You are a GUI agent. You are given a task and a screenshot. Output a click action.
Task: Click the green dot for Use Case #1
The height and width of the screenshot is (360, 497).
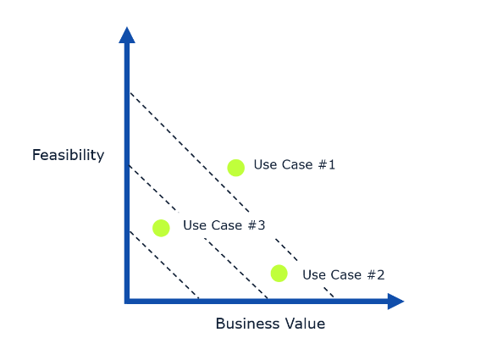236,168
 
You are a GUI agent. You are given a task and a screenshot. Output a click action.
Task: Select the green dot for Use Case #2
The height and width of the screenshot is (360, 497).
279,274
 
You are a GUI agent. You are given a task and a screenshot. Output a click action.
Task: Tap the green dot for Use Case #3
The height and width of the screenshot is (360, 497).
161,228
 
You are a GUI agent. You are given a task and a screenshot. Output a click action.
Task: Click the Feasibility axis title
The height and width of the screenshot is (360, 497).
68,155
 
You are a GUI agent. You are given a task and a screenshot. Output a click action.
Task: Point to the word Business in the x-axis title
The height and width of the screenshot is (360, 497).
247,324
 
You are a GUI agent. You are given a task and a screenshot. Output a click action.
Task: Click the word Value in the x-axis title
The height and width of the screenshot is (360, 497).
305,324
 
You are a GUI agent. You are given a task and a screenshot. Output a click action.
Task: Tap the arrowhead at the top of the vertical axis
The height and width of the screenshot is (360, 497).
127,35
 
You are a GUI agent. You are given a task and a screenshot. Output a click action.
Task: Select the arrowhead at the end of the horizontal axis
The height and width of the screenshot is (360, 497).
395,302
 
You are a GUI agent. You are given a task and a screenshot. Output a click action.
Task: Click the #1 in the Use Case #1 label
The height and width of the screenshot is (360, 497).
326,164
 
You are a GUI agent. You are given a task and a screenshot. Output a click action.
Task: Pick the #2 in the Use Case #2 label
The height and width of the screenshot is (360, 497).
376,274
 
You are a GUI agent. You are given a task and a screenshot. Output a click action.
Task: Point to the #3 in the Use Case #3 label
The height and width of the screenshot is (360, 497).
256,225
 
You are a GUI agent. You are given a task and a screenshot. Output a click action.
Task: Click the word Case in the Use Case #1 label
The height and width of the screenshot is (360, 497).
297,164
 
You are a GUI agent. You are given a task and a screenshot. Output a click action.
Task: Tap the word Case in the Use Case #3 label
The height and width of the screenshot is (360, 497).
227,225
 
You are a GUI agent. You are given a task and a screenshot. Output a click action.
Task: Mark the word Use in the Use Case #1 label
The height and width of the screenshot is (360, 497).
264,164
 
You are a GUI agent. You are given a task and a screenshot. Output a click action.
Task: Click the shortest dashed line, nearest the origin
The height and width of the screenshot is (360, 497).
164,265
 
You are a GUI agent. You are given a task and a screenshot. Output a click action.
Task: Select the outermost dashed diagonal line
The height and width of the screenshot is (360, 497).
232,195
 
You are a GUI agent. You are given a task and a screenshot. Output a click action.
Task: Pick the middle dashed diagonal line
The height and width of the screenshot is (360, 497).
198,232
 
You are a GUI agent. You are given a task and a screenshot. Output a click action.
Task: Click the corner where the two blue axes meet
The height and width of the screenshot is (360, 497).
127,302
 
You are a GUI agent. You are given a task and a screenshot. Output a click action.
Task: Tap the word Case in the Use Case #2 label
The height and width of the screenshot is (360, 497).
345,274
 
